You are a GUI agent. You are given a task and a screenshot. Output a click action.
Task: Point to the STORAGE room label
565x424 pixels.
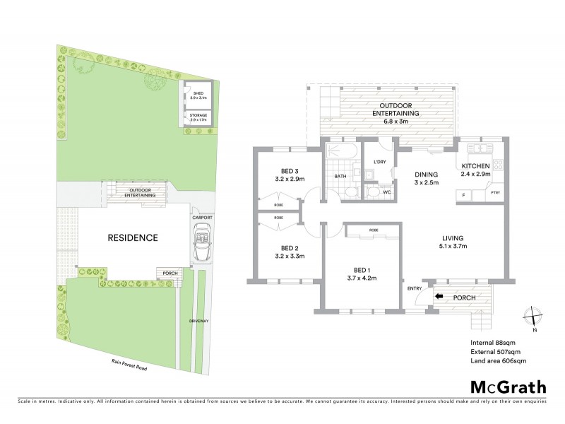(x=198, y=118)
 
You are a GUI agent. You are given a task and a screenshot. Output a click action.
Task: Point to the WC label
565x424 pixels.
(x=386, y=192)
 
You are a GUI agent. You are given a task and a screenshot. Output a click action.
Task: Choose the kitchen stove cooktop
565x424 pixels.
(x=497, y=167)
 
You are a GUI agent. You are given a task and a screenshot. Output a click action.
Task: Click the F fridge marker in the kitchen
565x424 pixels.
(x=463, y=194)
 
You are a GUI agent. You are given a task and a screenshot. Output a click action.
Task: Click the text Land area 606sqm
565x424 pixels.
(x=499, y=360)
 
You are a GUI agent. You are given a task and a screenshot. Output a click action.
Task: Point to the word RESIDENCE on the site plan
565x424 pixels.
(x=132, y=237)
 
